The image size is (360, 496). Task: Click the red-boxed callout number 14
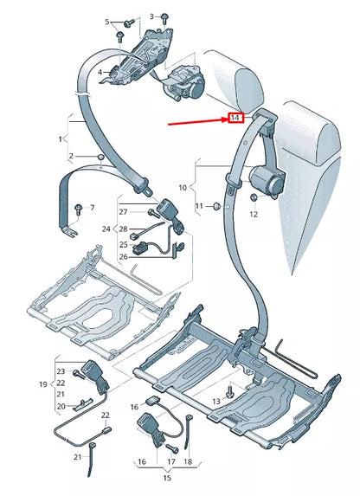click(235, 117)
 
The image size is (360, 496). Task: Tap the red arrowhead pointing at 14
click(226, 118)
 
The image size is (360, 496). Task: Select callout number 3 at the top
click(151, 16)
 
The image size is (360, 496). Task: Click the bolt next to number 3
click(164, 16)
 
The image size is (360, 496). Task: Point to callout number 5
click(108, 22)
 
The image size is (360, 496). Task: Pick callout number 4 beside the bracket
click(100, 71)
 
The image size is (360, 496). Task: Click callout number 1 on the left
click(60, 138)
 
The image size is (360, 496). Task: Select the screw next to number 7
click(79, 208)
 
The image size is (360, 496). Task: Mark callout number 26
click(123, 256)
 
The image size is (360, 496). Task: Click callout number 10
click(183, 186)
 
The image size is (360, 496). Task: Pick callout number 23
click(61, 371)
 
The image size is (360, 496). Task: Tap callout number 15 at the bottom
click(155, 475)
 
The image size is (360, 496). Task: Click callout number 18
click(189, 461)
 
